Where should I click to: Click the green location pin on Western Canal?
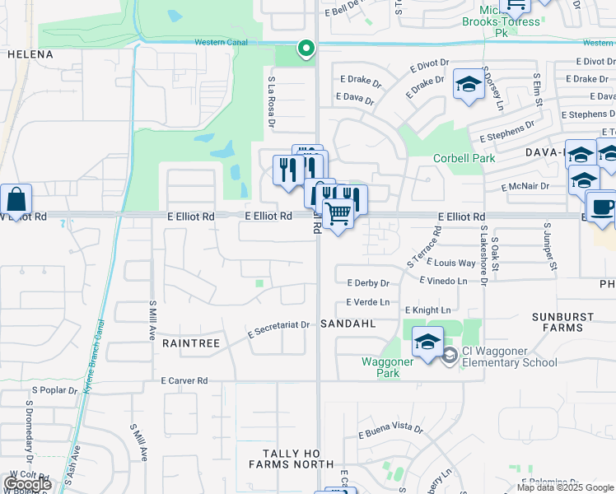[306, 49]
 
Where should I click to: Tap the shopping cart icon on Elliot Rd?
[338, 214]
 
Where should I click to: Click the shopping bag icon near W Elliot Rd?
[16, 199]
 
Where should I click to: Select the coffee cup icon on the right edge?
[601, 207]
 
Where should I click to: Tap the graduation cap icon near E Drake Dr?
[469, 85]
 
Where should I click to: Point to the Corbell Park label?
[461, 159]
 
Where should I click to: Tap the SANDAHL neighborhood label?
[348, 324]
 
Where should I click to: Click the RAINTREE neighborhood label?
[191, 343]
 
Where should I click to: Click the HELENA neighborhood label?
[30, 54]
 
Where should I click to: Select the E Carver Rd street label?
[184, 381]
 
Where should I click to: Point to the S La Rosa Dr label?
[270, 102]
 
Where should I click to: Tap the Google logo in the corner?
[27, 484]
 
